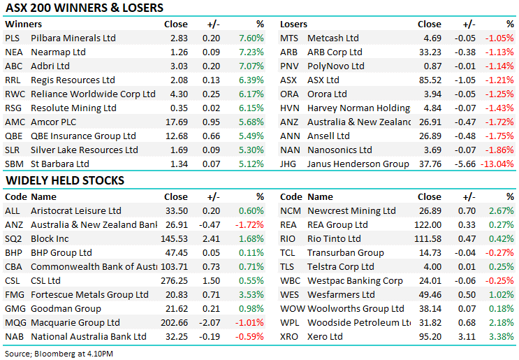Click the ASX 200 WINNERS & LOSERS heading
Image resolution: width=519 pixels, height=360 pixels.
pyautogui.click(x=84, y=8)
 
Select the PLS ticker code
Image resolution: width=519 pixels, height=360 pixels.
pyautogui.click(x=12, y=38)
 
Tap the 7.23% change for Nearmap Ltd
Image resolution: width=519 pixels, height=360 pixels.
pyautogui.click(x=251, y=52)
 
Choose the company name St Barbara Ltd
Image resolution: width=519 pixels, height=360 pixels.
pyautogui.click(x=60, y=164)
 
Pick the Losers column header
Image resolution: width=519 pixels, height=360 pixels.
pyautogui.click(x=293, y=24)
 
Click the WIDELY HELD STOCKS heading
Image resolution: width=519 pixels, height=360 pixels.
pyautogui.click(x=64, y=180)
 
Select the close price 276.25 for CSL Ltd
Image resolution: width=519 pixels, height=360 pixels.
pyautogui.click(x=175, y=280)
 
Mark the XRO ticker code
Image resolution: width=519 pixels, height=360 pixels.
pyautogui.click(x=289, y=336)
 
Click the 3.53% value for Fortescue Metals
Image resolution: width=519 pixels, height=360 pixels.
pyautogui.click(x=251, y=294)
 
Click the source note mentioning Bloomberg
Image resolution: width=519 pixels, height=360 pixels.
pyautogui.click(x=59, y=353)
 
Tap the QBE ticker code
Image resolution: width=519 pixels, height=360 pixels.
pyautogui.click(x=13, y=136)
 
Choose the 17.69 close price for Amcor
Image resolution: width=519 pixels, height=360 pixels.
pyautogui.click(x=175, y=122)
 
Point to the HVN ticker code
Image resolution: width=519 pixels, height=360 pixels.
pyautogui.click(x=290, y=108)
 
